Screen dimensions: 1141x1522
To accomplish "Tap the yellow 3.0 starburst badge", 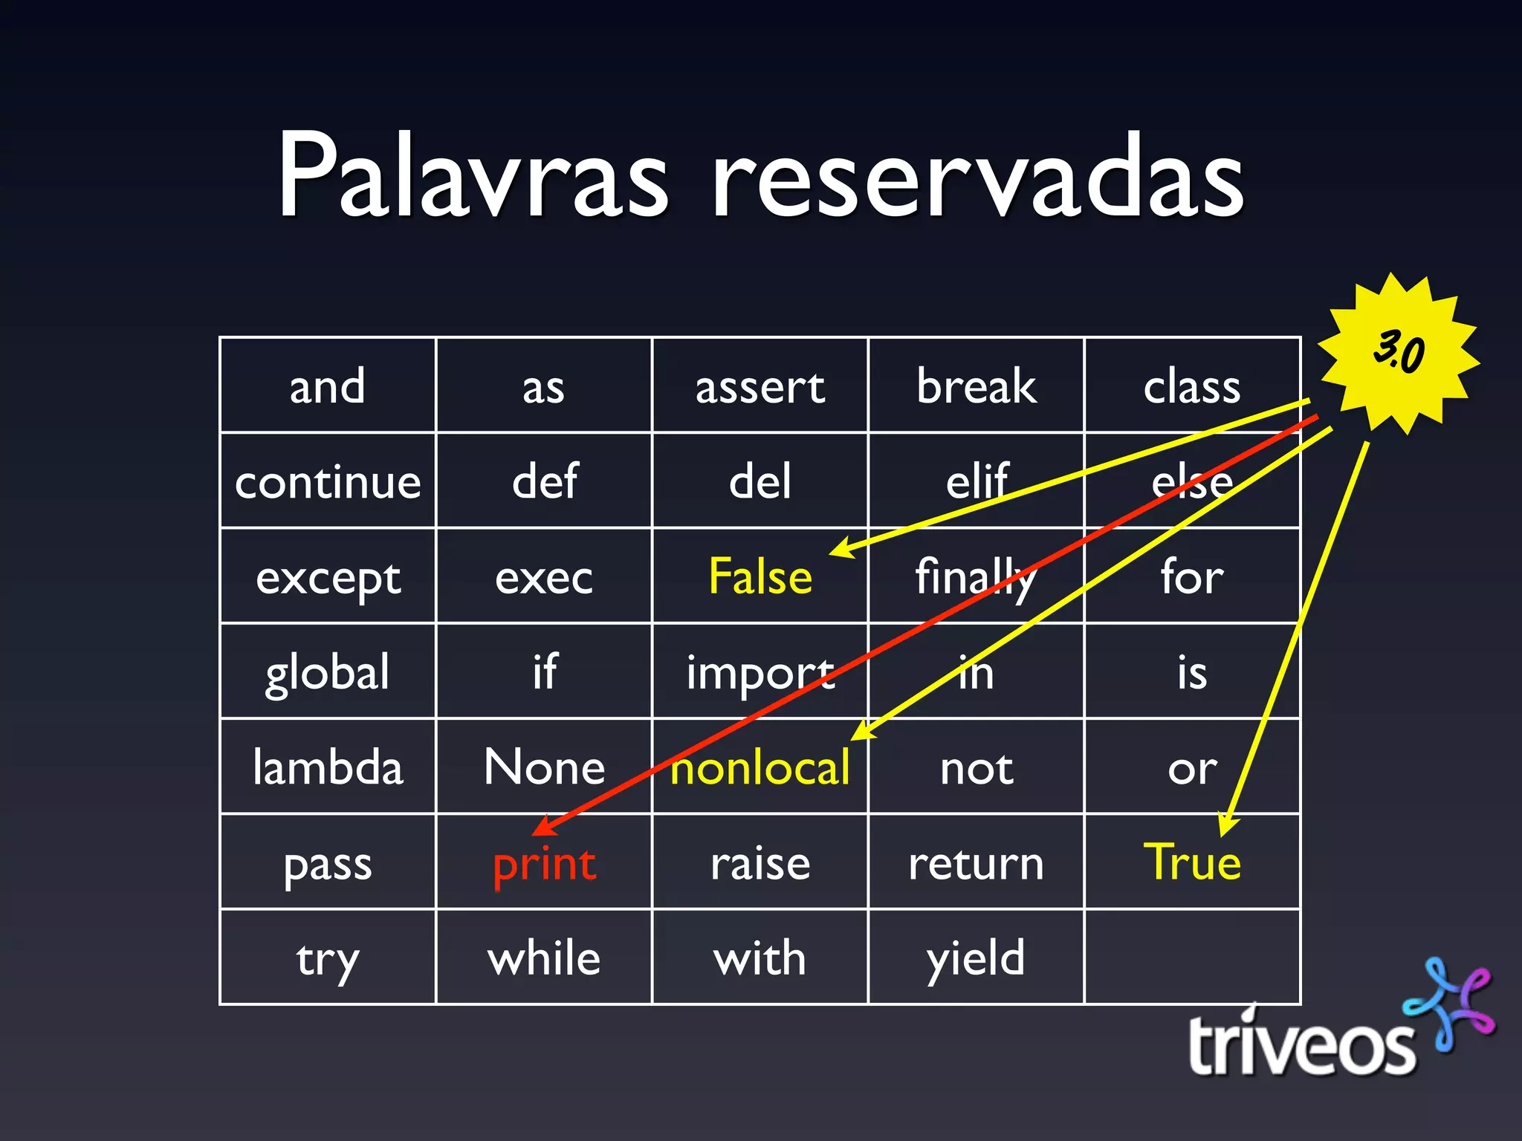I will point(1398,352).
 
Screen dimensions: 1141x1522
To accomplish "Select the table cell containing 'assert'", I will point(760,386).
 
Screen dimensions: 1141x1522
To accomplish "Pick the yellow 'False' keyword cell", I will point(760,576).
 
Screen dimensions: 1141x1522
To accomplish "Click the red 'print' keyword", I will point(544,864).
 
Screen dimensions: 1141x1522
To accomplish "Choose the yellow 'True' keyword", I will point(1192,862).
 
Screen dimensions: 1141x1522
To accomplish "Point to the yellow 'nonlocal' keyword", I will point(760,768).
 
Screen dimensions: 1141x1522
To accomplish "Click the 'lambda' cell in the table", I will point(328,767).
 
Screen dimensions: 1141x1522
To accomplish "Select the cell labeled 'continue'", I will point(328,481).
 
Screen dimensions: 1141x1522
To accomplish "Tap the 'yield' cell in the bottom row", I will point(976,958).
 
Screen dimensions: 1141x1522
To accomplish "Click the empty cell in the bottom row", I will point(1192,958).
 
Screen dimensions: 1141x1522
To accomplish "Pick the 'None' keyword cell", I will point(544,767).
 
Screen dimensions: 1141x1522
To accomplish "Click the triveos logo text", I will point(1301,1046).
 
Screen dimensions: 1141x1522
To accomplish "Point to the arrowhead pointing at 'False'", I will point(840,550).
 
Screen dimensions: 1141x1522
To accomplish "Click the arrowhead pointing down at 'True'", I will point(1228,826).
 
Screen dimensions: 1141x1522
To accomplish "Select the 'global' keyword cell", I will point(328,672).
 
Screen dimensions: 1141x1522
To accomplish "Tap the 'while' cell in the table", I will point(544,958).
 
